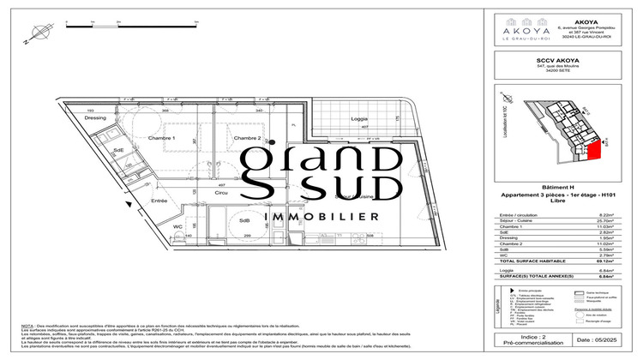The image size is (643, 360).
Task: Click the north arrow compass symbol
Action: (x=31, y=35)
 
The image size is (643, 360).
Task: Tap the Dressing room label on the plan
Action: (x=95, y=118)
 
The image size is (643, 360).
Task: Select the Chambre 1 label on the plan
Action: (x=162, y=138)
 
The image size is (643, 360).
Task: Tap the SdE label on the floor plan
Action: (x=119, y=151)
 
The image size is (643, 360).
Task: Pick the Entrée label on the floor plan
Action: (x=159, y=201)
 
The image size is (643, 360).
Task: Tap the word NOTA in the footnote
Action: (x=29, y=327)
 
